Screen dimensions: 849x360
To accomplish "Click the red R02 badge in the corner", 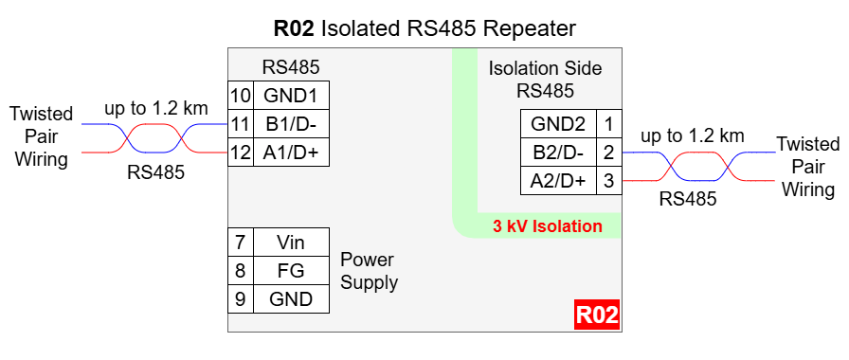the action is coord(597,315).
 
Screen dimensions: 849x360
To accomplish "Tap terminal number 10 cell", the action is coord(241,96).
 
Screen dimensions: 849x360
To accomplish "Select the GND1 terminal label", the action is coord(291,96).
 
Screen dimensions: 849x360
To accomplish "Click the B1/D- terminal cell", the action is coord(291,124).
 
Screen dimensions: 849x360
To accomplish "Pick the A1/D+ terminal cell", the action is coord(291,153).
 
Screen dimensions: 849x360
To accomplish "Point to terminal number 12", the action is coord(241,153).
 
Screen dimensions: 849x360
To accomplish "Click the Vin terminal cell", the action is coord(291,242).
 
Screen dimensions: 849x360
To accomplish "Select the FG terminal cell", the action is coord(291,270).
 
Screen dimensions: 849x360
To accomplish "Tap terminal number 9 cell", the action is coord(241,298).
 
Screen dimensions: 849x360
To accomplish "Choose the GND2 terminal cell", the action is coord(558,124).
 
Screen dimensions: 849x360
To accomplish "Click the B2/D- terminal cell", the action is coord(558,153).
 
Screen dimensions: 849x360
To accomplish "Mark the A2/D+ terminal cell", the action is coord(558,180).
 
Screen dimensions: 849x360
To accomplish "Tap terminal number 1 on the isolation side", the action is coord(609,124).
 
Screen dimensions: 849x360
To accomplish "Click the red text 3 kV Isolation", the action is coord(548,225).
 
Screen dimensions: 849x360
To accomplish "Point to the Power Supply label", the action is coord(370,271).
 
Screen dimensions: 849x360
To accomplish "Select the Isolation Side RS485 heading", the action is coord(545,80).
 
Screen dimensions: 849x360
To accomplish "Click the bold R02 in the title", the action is coord(294,28).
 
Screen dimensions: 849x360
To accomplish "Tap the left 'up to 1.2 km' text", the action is coord(156,108).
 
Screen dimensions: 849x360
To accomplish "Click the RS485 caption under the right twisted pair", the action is coord(688,199).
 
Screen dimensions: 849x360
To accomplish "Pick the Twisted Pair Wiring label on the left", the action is coord(42,136).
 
